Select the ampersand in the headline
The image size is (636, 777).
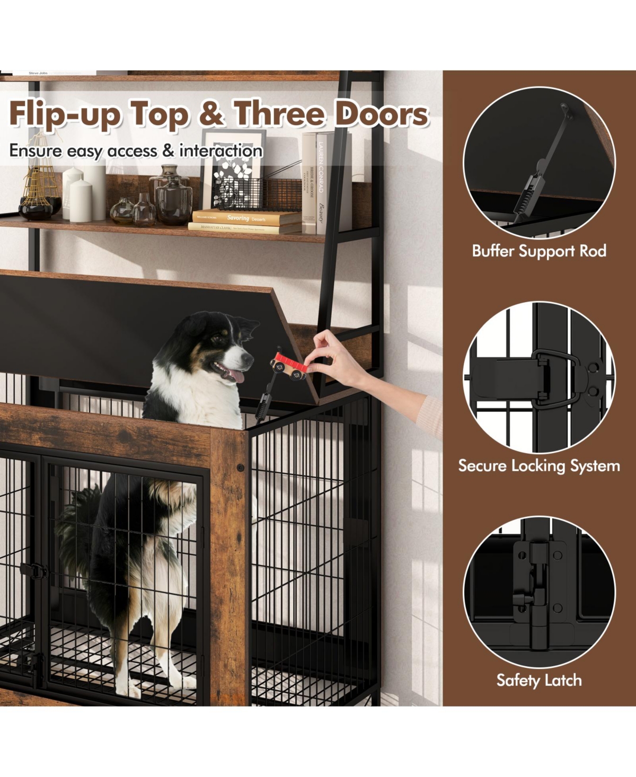[x=213, y=114]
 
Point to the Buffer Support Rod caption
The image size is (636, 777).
[x=539, y=251]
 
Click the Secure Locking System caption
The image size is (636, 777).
[x=539, y=466]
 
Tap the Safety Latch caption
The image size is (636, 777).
[x=539, y=680]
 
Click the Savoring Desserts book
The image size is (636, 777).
[x=245, y=217]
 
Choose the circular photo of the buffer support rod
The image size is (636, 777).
[x=539, y=162]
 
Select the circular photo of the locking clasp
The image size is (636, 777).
[x=539, y=377]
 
